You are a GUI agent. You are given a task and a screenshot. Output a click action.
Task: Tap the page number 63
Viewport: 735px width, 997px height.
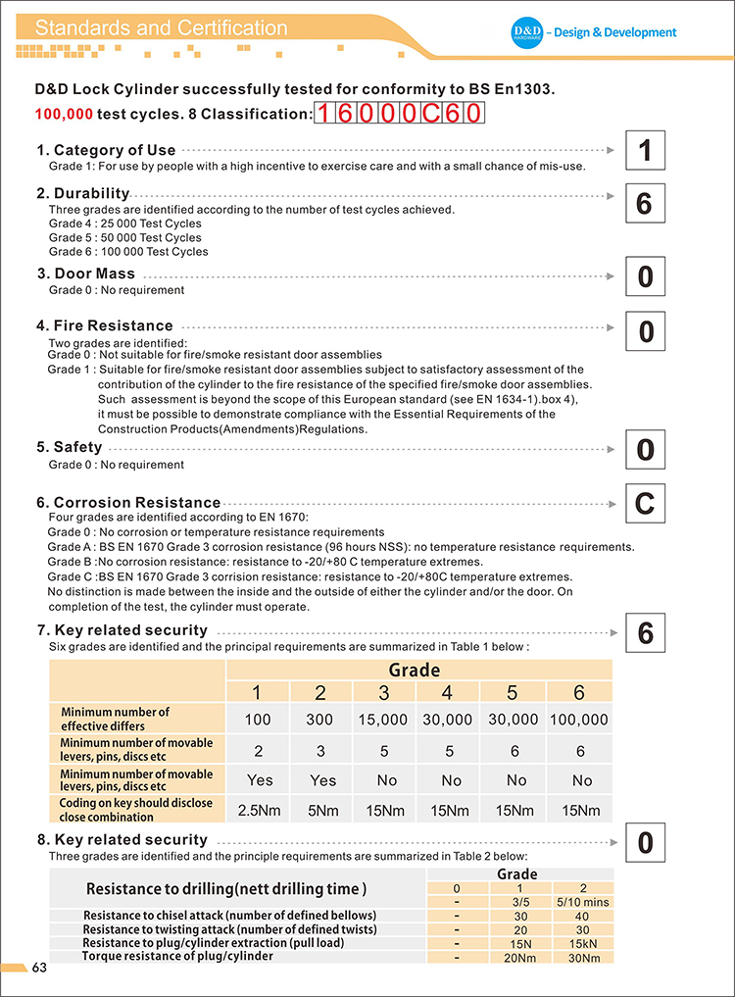click(x=40, y=969)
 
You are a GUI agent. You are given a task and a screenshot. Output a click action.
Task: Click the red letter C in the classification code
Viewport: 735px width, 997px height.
click(x=429, y=114)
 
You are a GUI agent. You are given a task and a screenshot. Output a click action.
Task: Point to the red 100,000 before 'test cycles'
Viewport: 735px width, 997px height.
click(x=64, y=114)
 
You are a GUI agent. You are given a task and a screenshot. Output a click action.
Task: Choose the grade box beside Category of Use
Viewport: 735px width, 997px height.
click(x=644, y=151)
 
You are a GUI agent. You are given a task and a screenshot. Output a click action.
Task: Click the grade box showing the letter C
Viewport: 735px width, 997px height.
click(x=644, y=504)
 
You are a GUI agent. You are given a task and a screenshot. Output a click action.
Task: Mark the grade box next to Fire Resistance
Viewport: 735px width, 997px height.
click(x=645, y=331)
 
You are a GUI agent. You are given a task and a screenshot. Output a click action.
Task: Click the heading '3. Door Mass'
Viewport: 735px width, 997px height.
click(x=86, y=274)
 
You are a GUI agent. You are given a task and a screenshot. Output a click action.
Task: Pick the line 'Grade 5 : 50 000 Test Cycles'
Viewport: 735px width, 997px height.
click(x=125, y=237)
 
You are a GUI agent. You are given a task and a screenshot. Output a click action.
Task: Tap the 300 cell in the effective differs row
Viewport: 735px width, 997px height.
click(x=320, y=720)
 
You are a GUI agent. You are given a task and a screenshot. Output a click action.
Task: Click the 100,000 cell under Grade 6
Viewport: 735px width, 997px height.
click(x=578, y=720)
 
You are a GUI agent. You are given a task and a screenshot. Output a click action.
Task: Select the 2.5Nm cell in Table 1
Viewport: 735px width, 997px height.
click(x=257, y=811)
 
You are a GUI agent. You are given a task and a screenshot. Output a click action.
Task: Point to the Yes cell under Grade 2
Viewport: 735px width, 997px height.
click(x=321, y=780)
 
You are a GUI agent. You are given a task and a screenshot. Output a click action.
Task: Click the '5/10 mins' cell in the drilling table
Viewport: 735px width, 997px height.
click(x=582, y=901)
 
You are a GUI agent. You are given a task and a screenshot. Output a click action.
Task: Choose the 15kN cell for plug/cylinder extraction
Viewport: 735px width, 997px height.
click(x=582, y=943)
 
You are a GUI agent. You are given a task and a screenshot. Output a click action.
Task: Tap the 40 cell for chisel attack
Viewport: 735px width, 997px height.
click(x=582, y=916)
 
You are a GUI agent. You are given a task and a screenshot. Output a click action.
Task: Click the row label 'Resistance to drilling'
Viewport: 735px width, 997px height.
click(x=226, y=889)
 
